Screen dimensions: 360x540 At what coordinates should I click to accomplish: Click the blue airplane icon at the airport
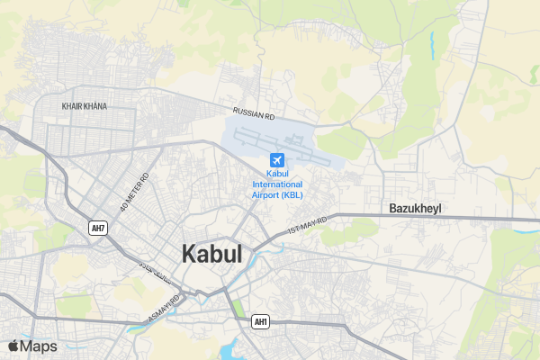276,160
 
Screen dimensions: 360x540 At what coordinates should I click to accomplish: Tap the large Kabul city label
212,254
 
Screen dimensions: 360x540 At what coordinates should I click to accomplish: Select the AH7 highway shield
98,228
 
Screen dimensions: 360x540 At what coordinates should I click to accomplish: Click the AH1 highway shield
261,321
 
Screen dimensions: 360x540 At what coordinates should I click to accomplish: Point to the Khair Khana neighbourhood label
84,106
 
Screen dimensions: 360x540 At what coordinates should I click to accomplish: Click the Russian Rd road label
254,114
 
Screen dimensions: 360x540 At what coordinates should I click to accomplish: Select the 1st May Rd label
307,225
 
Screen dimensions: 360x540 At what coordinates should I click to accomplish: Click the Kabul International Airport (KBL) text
277,184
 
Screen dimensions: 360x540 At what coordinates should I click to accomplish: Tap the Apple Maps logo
32,346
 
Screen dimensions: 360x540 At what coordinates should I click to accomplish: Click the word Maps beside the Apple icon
39,346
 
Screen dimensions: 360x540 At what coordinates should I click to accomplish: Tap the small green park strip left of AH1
238,309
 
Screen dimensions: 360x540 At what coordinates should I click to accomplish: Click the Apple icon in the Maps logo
13,346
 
